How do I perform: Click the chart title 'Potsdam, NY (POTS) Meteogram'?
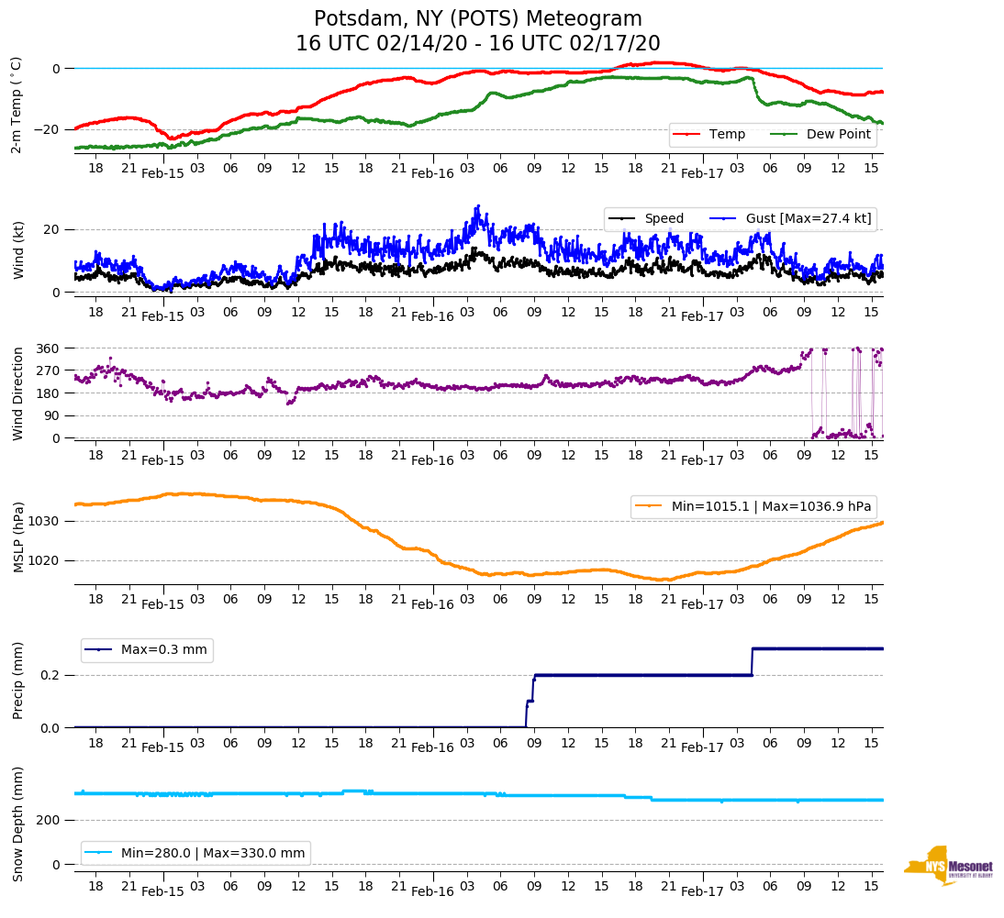[478, 19]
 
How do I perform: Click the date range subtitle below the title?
[478, 44]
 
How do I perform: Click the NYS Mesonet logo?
[948, 866]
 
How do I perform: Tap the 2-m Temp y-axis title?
[16, 104]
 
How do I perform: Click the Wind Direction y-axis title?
[18, 393]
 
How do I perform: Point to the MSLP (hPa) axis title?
[18, 537]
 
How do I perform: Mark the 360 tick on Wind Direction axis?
[49, 348]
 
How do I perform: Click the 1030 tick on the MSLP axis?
[45, 521]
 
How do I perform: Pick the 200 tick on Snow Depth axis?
[49, 820]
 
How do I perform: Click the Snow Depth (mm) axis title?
[18, 824]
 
